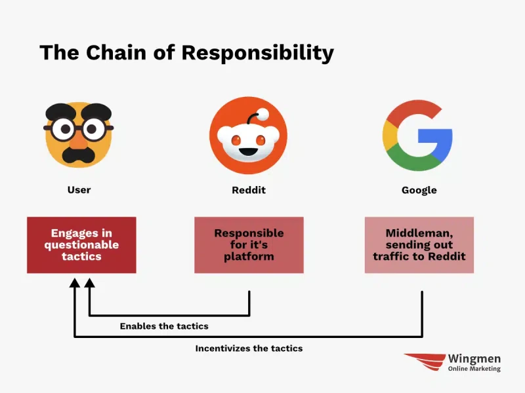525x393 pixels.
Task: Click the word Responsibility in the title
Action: point(257,53)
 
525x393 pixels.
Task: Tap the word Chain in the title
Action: point(116,52)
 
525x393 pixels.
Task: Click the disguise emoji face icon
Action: point(79,135)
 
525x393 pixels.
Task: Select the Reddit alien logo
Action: point(249,136)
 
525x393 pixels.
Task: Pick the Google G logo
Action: point(417,136)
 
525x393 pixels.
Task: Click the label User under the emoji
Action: point(79,190)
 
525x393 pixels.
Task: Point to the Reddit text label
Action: point(249,190)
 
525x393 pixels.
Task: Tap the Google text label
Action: point(419,190)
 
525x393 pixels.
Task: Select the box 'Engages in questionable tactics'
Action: point(81,245)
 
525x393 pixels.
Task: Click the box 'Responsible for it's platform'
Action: point(249,245)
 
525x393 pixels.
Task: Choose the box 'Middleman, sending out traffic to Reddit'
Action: point(419,245)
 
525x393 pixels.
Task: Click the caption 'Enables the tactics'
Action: point(164,326)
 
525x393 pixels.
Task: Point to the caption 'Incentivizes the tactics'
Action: point(249,348)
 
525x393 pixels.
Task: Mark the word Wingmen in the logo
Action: point(474,359)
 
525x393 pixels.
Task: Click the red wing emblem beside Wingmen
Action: point(425,362)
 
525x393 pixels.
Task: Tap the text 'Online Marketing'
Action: point(474,369)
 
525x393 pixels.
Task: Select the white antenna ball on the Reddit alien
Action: point(263,114)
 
